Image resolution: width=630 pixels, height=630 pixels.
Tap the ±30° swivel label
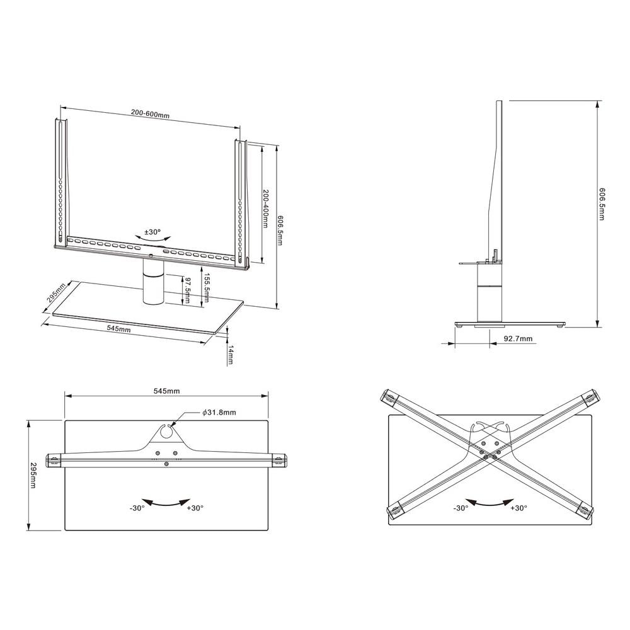152,232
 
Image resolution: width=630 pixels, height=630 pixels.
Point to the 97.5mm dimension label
187,289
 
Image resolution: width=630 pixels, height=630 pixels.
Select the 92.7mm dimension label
518,339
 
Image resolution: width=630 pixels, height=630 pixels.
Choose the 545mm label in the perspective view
118,329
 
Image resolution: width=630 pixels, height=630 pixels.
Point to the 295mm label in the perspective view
55,295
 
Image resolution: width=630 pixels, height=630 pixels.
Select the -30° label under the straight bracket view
137,507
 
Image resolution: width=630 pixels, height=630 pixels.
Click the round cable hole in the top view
167,432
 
